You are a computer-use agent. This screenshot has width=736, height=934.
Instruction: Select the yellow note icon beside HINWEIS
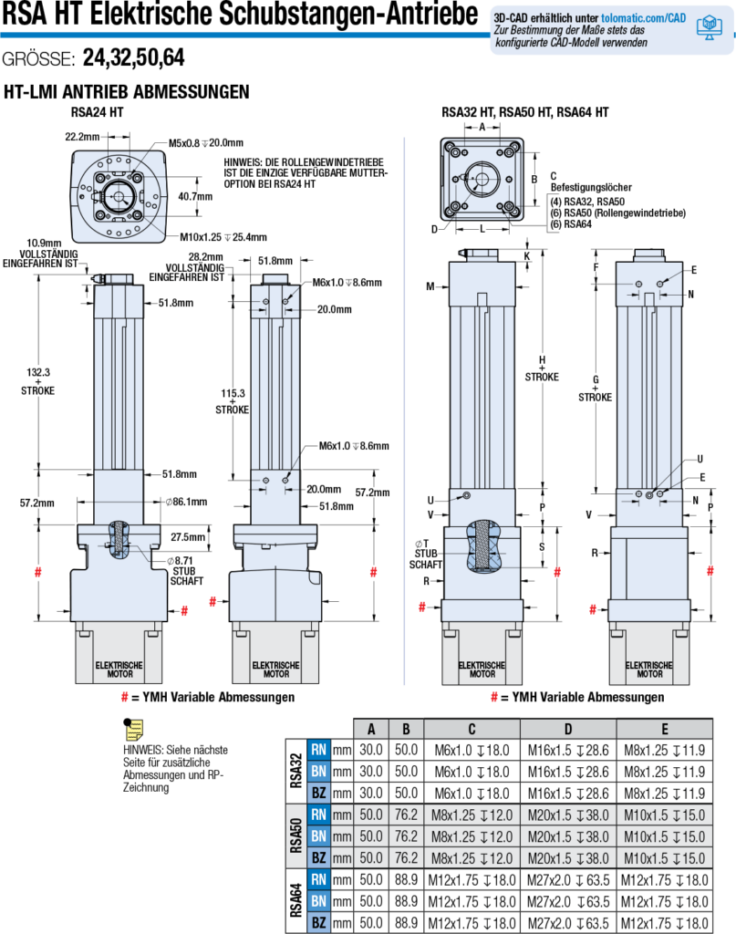[x=133, y=730]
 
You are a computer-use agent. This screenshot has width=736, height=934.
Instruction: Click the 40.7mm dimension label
[x=194, y=196]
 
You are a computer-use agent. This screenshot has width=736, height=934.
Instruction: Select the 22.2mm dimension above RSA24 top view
[x=83, y=136]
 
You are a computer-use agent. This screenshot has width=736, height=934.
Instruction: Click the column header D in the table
[x=567, y=729]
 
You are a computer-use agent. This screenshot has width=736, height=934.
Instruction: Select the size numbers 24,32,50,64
[x=133, y=58]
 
